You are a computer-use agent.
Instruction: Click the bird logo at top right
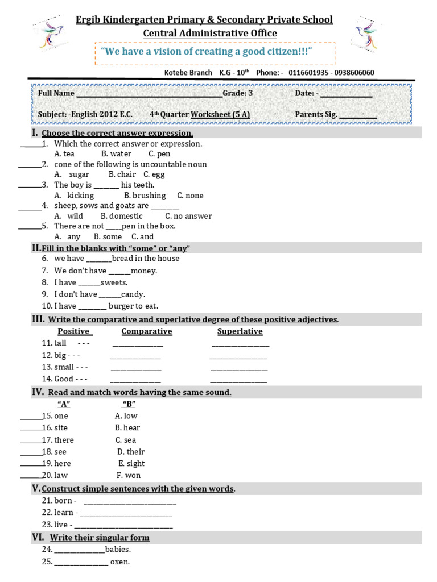368,34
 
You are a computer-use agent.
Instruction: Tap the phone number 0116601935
311,73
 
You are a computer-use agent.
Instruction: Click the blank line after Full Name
149,94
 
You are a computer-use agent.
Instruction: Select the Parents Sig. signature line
358,115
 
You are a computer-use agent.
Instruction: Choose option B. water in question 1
116,154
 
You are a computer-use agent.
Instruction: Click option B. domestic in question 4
122,216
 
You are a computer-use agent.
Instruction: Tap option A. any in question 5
67,236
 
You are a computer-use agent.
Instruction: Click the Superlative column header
240,331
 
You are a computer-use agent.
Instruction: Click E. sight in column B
131,464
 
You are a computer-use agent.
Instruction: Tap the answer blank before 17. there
31,441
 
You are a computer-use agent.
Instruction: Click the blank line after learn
125,513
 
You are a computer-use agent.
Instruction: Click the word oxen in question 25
120,562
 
